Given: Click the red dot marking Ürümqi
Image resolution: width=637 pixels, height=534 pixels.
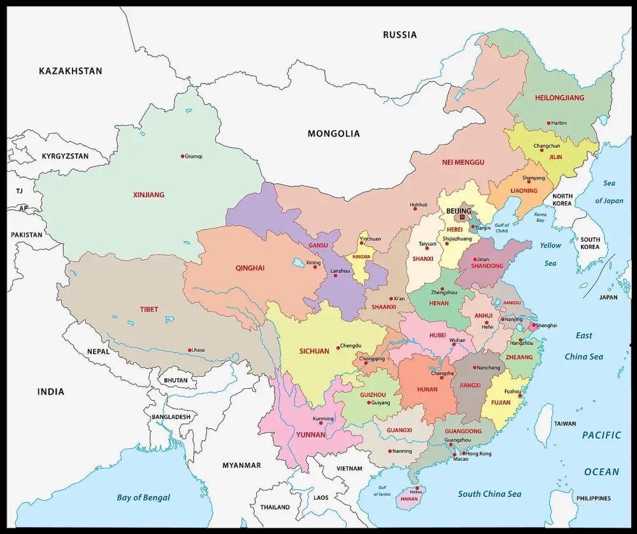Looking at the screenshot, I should (182, 156).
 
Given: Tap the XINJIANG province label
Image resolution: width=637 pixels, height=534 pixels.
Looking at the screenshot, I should (148, 195).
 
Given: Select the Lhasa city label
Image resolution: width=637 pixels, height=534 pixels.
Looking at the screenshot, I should (199, 350).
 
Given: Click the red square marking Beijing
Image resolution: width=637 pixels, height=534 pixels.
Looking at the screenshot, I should (462, 217).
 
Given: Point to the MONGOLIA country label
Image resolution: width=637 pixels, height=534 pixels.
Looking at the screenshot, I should (333, 134).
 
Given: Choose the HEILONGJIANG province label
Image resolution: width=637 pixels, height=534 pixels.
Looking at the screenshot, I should (559, 98).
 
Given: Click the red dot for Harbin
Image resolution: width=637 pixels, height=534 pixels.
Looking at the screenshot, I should (548, 123).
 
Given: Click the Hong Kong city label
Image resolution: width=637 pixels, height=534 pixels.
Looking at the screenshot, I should (479, 454).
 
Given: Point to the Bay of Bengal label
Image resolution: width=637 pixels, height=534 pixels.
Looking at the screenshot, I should (143, 498).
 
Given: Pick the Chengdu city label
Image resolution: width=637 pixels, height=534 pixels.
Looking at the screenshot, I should (350, 346).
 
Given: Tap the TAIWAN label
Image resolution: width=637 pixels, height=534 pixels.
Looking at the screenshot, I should (564, 423).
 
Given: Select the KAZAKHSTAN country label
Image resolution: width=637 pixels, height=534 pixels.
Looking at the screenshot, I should (70, 71).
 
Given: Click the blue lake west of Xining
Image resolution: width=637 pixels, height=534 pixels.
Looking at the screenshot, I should (297, 262).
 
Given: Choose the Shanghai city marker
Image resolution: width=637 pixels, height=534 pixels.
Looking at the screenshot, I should (533, 326).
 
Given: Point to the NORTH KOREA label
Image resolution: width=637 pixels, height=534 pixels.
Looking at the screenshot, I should (562, 199).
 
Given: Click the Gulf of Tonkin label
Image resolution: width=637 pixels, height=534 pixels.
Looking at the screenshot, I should (381, 490).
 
